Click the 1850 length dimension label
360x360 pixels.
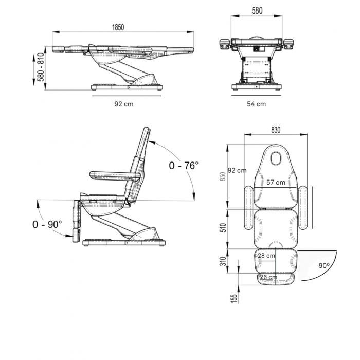pos(118,27)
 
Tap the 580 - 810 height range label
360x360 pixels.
pos(41,67)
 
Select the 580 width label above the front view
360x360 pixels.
pos(257,11)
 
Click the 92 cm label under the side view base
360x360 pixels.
pos(124,104)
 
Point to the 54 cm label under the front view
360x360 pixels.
pos(257,104)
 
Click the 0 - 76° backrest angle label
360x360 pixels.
pos(184,165)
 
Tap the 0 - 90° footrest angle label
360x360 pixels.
pos(47,224)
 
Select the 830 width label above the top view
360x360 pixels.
pos(276,130)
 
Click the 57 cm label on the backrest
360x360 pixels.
pos(276,182)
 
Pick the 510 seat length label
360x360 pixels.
pos(223,227)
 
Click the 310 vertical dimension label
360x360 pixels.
pos(223,261)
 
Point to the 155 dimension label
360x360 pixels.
pos(233,298)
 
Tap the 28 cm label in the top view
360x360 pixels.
pos(266,255)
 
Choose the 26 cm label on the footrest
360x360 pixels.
pos(268,277)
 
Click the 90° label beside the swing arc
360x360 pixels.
pos(324,266)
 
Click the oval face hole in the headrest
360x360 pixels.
pos(276,158)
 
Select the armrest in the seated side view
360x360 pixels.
pos(115,176)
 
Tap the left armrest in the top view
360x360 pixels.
pos(248,208)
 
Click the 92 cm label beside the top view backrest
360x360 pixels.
pos(237,170)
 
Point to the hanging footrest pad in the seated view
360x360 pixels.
pos(76,235)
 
